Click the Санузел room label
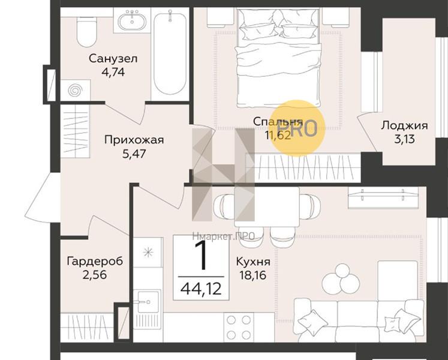point(113,59)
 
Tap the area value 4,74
point(113,72)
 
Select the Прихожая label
point(134,140)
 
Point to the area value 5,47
point(134,154)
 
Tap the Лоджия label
point(404,125)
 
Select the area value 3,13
point(404,139)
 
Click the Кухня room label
point(252,262)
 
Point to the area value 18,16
point(252,276)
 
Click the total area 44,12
point(200,289)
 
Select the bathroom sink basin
point(131,22)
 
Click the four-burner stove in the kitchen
point(238,328)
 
